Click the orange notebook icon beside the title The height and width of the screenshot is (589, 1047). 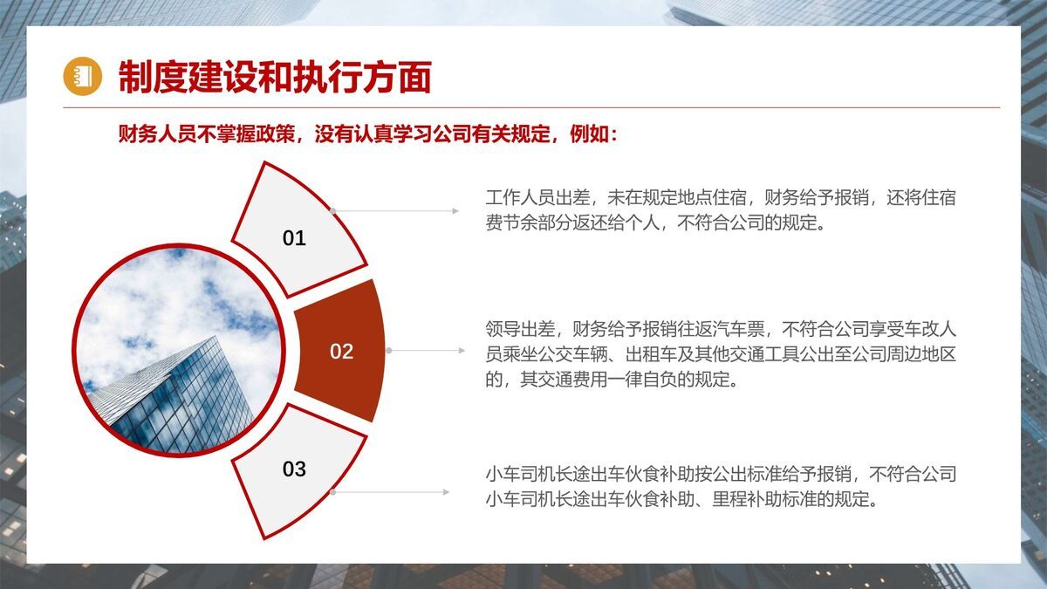(82, 76)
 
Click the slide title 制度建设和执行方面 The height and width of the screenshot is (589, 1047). (275, 77)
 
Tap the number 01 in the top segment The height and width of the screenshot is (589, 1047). (294, 238)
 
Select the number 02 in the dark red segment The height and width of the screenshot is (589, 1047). (341, 352)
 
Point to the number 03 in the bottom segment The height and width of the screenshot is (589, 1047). (294, 469)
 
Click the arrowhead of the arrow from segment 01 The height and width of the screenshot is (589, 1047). (455, 211)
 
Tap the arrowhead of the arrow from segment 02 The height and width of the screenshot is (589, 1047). (462, 351)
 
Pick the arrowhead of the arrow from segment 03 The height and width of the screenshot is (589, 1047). (446, 492)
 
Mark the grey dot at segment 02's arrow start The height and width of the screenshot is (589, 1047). (389, 351)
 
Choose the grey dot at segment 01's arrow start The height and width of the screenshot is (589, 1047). (332, 211)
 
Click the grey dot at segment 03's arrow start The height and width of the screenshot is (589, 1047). (332, 492)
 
